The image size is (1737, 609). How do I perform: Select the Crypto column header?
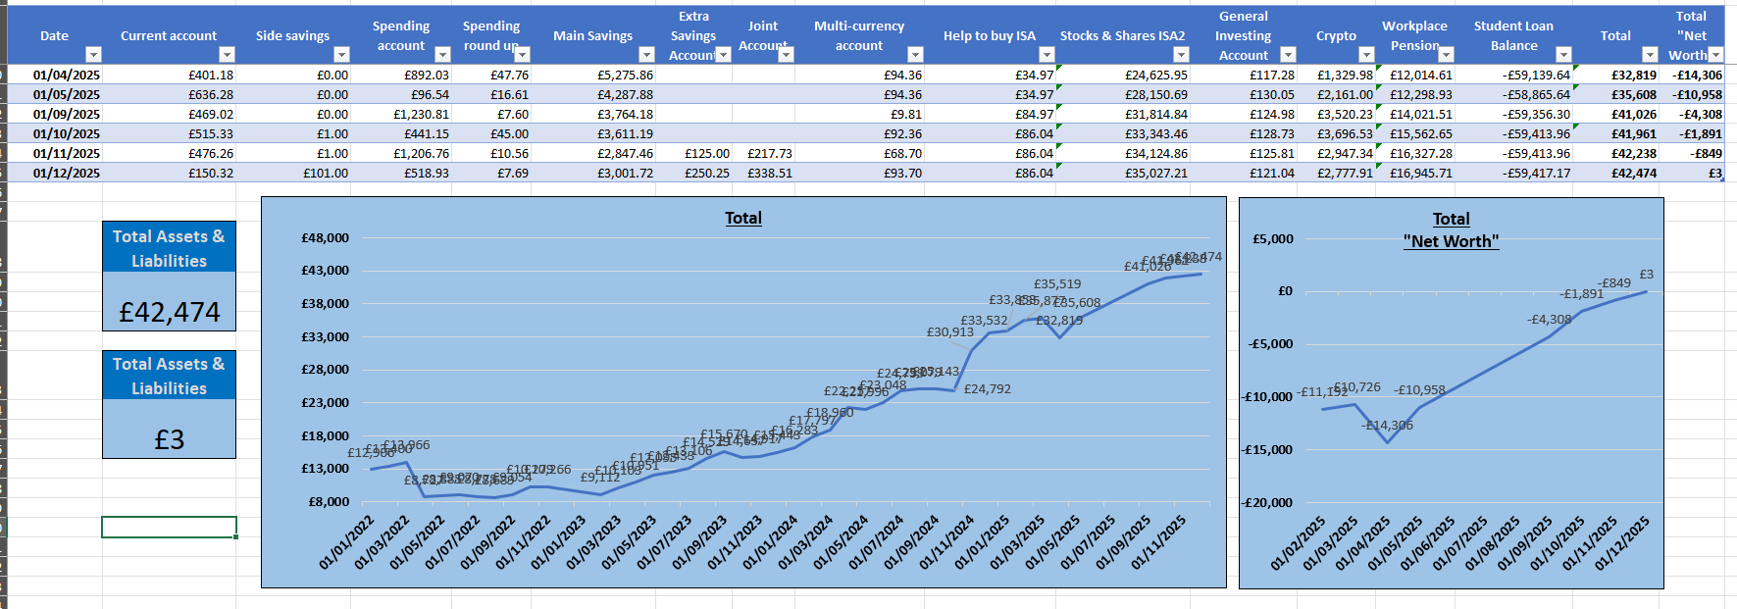(1336, 35)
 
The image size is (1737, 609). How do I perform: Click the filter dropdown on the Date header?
(93, 55)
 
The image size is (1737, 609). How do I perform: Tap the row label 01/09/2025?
(67, 114)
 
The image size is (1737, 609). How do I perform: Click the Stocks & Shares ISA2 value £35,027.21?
(1155, 173)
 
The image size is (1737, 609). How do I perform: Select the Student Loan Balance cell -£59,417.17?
(1536, 173)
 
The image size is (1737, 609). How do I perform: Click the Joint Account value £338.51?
(770, 173)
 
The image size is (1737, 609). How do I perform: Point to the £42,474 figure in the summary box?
(170, 312)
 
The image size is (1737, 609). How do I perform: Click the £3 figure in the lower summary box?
(170, 439)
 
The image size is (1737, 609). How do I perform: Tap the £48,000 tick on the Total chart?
(325, 237)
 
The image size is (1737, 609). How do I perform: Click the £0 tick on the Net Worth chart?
(1285, 291)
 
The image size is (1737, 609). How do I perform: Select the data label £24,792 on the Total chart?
(987, 389)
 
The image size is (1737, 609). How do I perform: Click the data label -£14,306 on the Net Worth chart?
(1387, 426)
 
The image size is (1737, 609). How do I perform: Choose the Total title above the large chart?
(743, 218)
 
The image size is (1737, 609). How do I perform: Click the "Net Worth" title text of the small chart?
(1451, 241)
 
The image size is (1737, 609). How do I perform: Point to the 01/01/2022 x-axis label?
(346, 542)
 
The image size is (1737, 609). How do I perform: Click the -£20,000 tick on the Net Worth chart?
(1268, 502)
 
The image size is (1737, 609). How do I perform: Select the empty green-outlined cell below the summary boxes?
(169, 527)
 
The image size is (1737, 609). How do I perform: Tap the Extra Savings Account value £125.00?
(707, 153)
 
